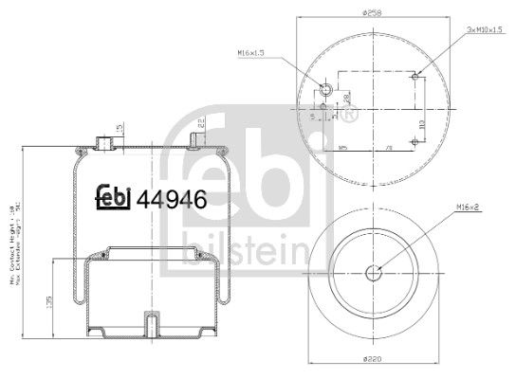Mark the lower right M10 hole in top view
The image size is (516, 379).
pyautogui.click(x=415, y=142)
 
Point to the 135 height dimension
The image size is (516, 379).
pyautogui.click(x=49, y=304)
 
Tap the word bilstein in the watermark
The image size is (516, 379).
pyautogui.click(x=246, y=250)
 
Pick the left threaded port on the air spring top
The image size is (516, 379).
pyautogui.click(x=105, y=143)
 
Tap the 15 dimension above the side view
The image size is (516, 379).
pyautogui.click(x=119, y=128)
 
